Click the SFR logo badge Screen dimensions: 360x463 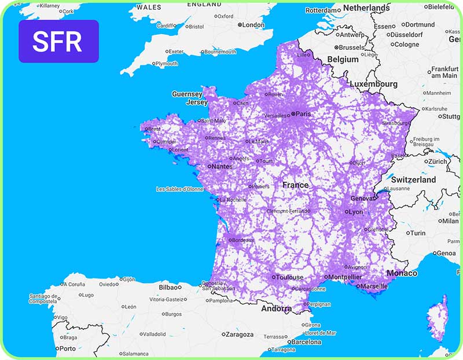(x=58, y=41)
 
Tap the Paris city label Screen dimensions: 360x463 (x=303, y=114)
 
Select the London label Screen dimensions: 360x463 (x=253, y=25)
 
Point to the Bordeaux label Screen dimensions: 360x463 (x=243, y=240)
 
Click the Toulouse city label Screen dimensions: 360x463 (x=289, y=277)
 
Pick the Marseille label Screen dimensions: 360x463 (x=376, y=286)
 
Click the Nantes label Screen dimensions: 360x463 (x=222, y=167)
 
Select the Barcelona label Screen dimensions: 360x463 (x=306, y=342)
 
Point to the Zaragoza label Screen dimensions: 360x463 (x=239, y=335)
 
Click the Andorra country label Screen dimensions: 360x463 (x=276, y=309)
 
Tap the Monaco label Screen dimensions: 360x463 (x=402, y=273)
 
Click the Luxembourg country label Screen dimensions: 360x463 (x=373, y=84)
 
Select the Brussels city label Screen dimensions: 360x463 (x=352, y=47)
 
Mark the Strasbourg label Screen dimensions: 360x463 (x=396, y=123)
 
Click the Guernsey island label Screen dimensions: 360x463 (x=187, y=94)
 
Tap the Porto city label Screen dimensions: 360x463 (x=67, y=348)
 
